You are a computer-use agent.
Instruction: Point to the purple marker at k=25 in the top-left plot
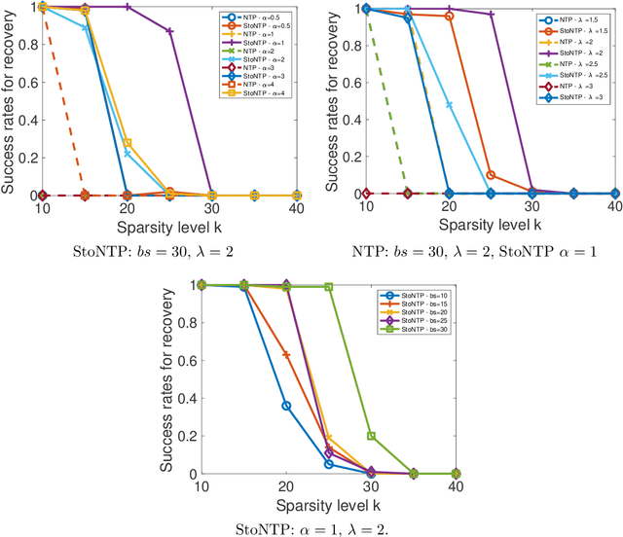(x=170, y=31)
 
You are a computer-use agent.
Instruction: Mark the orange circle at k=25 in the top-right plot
(x=491, y=175)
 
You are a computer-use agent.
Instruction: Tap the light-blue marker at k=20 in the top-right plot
(x=449, y=105)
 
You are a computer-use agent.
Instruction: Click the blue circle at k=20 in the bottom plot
(x=286, y=406)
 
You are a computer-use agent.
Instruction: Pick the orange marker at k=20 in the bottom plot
(x=286, y=354)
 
